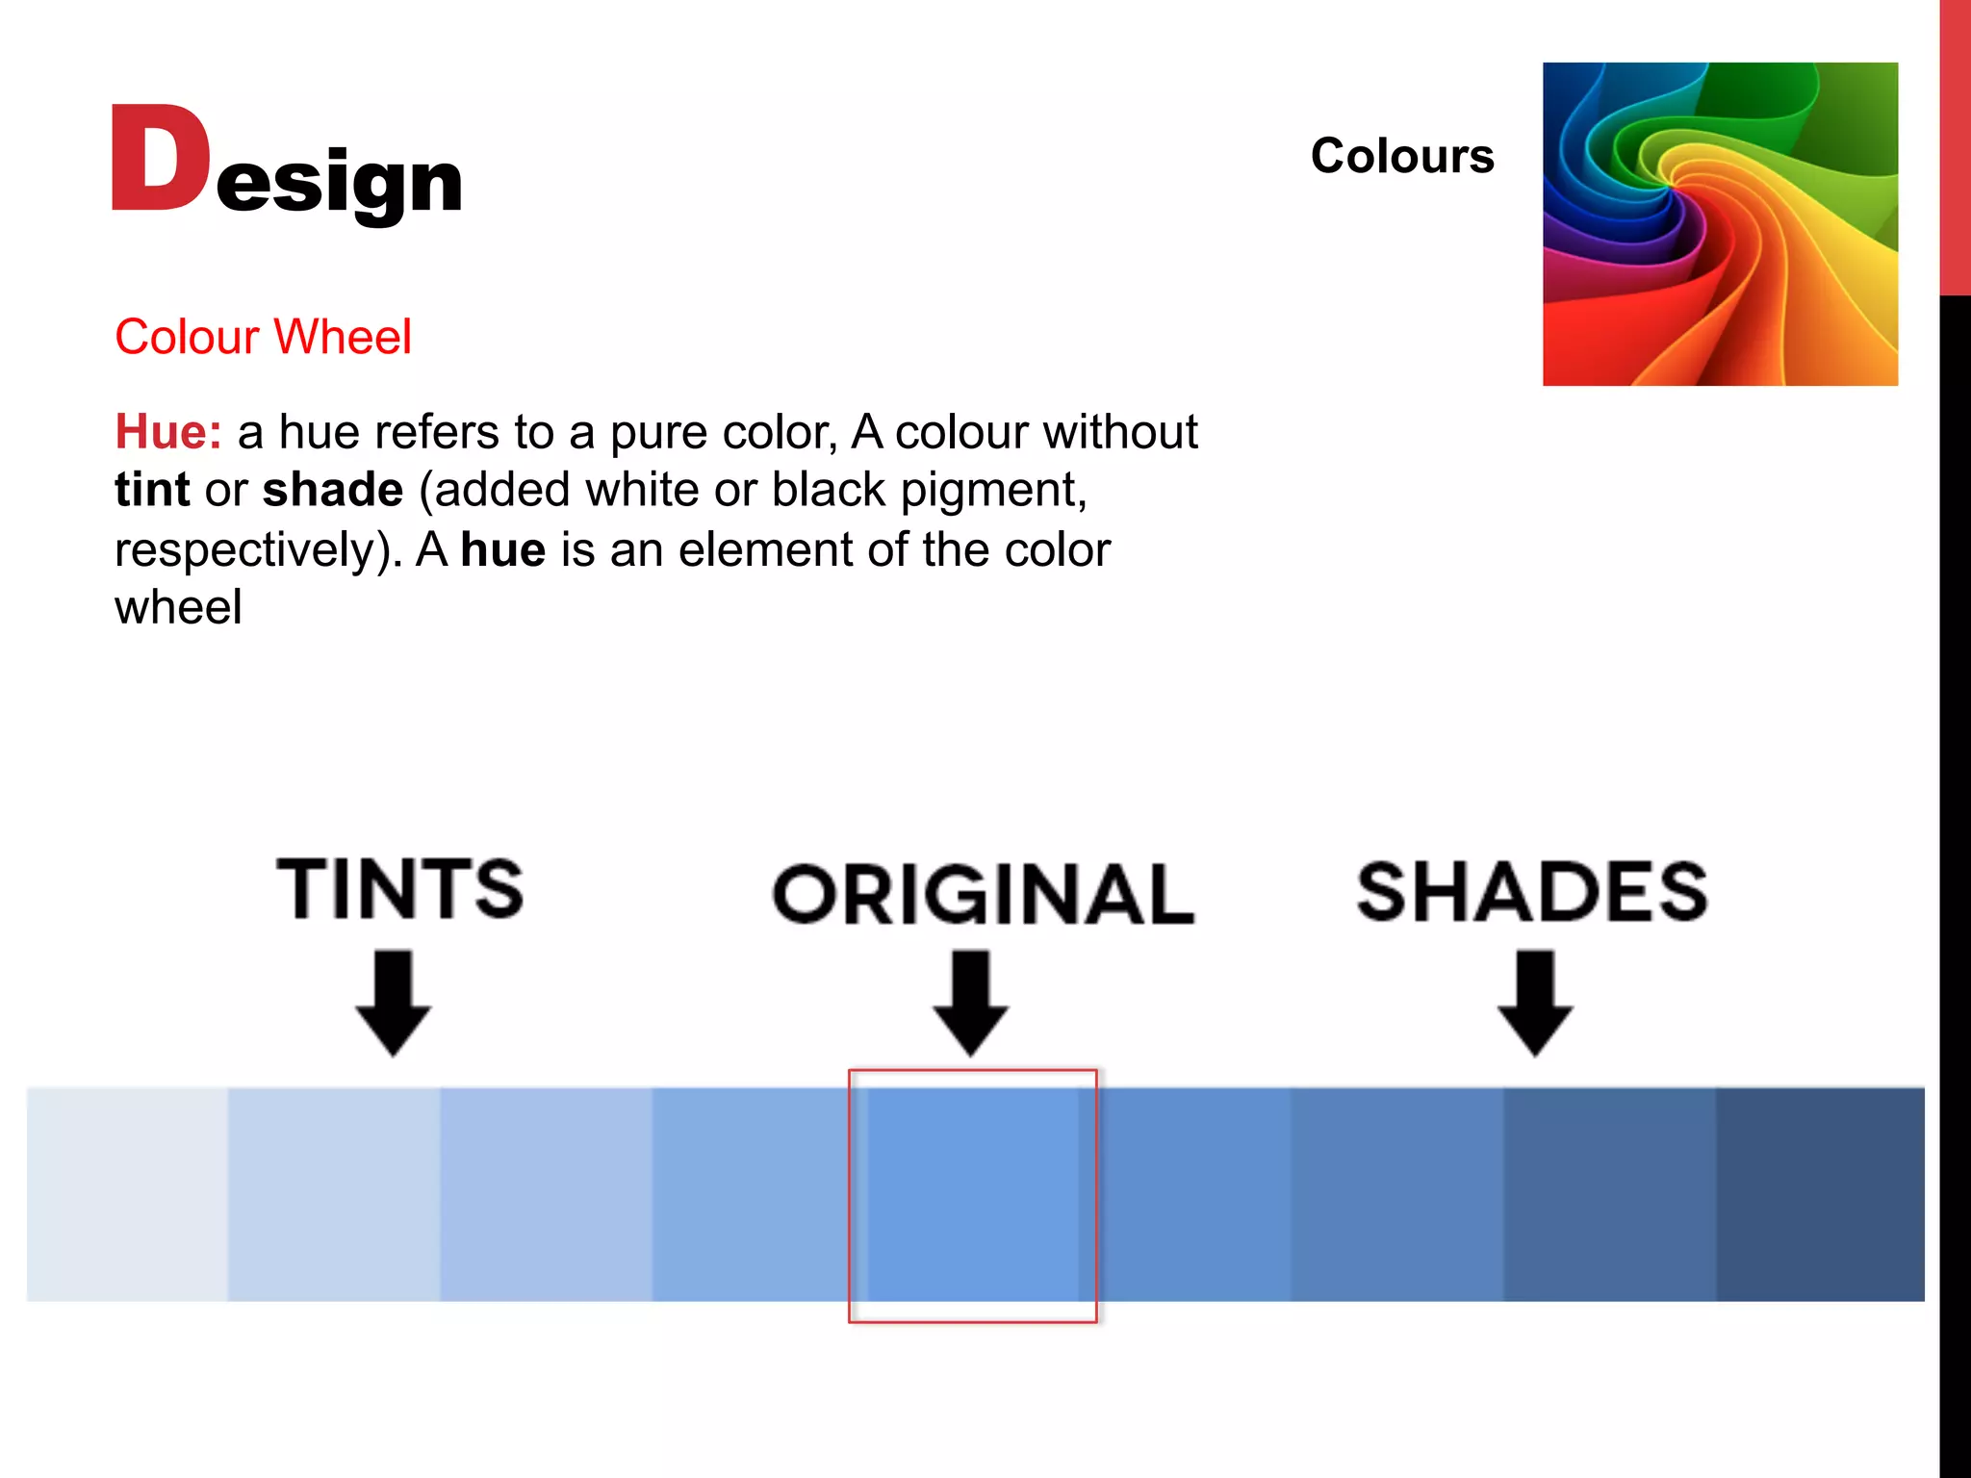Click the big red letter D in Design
click(x=159, y=159)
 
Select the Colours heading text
click(x=1401, y=156)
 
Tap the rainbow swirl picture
click(x=1720, y=224)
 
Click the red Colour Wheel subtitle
click(x=263, y=337)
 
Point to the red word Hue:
click(x=168, y=431)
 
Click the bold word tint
click(x=152, y=490)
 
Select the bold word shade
click(x=332, y=490)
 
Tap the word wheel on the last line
click(x=178, y=608)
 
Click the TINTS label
click(x=400, y=889)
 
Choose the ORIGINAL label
click(x=983, y=895)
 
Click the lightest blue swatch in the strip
click(x=127, y=1194)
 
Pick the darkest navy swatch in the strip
click(x=1820, y=1194)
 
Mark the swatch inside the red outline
click(x=973, y=1194)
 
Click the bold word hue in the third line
click(x=503, y=550)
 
